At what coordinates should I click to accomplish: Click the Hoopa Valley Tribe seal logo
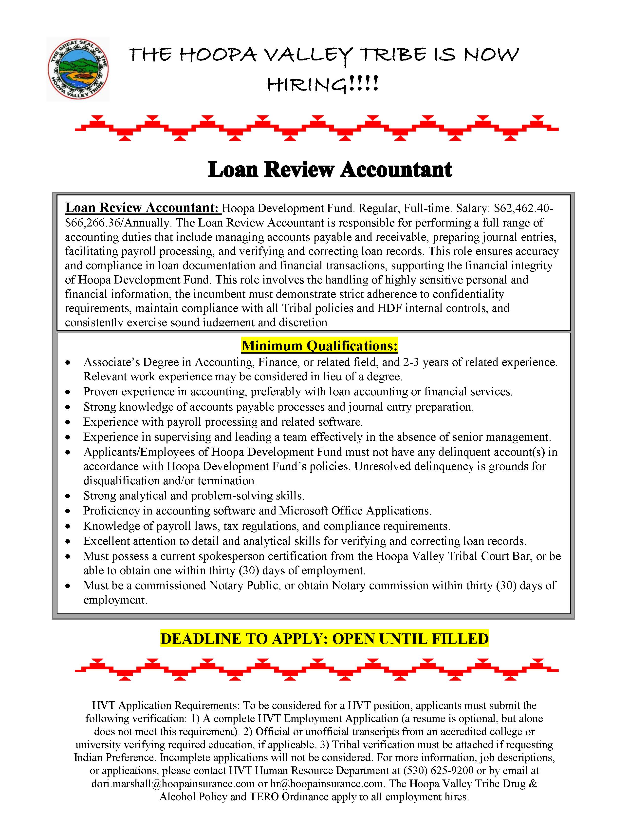click(78, 69)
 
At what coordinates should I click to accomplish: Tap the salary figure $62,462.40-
click(523, 208)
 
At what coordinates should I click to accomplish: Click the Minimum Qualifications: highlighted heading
click(320, 346)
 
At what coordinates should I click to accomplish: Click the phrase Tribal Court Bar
click(472, 556)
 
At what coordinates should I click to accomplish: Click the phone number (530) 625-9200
click(438, 771)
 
